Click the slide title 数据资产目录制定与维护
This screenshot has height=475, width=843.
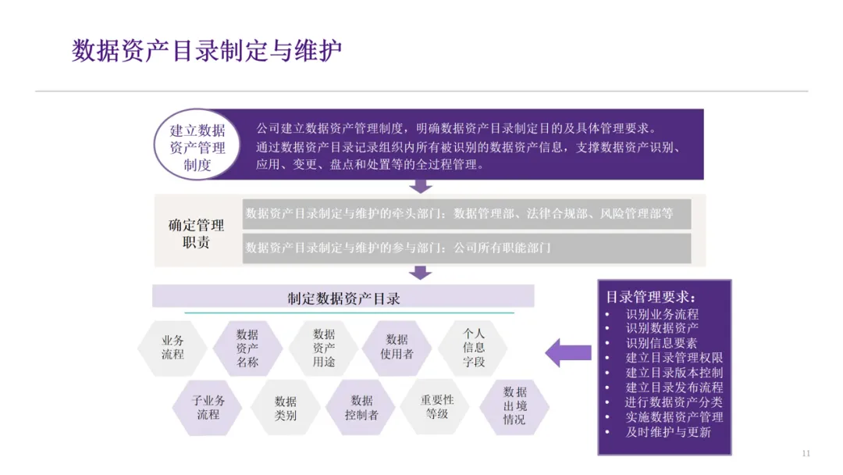(207, 52)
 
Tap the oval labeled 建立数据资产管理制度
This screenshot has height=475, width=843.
(197, 147)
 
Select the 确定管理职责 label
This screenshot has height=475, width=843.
(196, 234)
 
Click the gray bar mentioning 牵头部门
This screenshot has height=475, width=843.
(466, 213)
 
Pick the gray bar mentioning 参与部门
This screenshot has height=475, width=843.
(466, 248)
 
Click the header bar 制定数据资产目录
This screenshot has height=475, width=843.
(343, 297)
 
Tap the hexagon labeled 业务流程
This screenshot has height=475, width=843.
(173, 348)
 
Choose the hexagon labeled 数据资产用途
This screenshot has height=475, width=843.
(323, 348)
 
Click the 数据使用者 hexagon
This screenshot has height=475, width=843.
(397, 347)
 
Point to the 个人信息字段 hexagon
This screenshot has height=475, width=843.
(473, 348)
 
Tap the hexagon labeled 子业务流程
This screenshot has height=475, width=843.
(208, 408)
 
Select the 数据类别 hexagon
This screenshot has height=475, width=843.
(285, 408)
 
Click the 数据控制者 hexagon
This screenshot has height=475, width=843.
(361, 408)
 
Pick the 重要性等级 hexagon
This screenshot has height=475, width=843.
(436, 406)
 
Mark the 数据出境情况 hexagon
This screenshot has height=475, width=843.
(514, 406)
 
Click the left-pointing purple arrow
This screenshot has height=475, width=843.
(567, 352)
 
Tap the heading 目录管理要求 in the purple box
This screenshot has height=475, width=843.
(651, 298)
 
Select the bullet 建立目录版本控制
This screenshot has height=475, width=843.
(674, 373)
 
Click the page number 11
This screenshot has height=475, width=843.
(806, 454)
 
